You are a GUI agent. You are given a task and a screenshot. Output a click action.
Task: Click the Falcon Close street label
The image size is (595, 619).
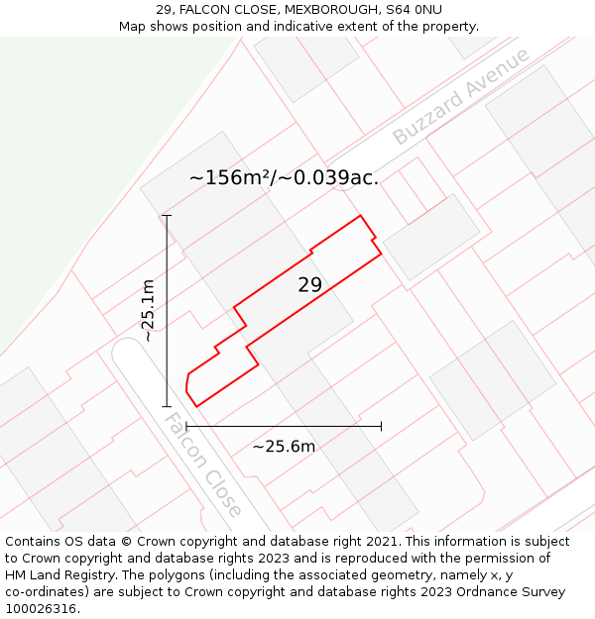pos(202,465)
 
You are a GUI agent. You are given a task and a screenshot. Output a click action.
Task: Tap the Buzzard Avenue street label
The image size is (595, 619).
pos(461,97)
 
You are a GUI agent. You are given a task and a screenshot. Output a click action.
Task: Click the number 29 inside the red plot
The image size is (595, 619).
pos(309,285)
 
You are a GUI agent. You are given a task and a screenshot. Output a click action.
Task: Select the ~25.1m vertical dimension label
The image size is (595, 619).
pos(148,310)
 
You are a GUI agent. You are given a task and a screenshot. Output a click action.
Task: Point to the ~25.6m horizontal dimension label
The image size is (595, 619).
pos(284,447)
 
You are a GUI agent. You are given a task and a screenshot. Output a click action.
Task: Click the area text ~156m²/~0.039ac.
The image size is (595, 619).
pos(284,178)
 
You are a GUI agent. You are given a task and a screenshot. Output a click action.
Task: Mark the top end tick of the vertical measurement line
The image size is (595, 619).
pos(167,215)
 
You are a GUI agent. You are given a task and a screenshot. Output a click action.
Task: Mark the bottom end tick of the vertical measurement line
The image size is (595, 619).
pos(167,406)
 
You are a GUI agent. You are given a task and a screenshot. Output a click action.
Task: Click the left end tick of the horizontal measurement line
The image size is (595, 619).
pos(186,426)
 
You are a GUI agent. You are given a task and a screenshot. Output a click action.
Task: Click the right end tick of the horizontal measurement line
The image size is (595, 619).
pos(381,426)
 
